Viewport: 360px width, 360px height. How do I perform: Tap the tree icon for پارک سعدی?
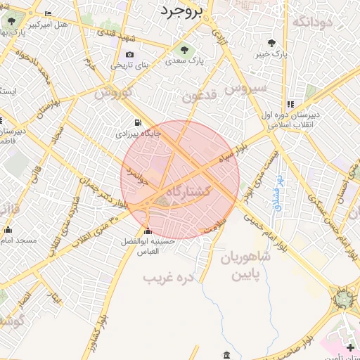pos(184,50)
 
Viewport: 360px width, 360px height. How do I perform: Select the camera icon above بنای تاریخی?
pos(129,55)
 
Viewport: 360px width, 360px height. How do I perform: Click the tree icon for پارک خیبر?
pos(271,43)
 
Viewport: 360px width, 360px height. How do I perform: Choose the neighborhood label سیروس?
pos(245,88)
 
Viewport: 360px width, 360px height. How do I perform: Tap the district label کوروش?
pos(113,93)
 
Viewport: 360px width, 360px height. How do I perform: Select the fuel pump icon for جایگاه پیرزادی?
pos(136,121)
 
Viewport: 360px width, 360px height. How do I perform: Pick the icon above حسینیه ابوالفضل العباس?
pos(148,232)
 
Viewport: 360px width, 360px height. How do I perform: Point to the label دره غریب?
pos(168,277)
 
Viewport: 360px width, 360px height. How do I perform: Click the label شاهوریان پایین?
pos(247,266)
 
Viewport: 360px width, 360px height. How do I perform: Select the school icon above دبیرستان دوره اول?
pos(290,104)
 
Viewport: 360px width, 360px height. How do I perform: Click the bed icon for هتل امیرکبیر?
pos(48,14)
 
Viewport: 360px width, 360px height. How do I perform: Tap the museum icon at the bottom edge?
pos(225,354)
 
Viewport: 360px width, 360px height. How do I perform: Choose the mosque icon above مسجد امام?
pos(8,230)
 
